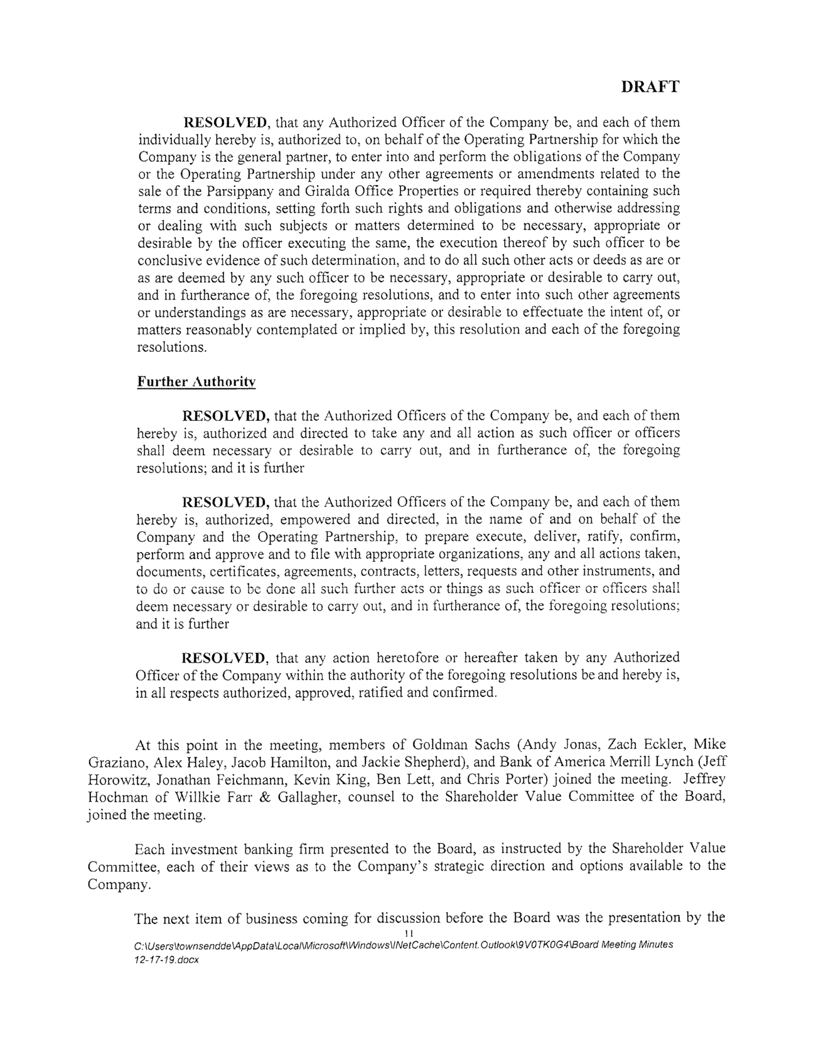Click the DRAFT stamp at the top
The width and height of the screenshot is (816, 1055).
pos(650,87)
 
